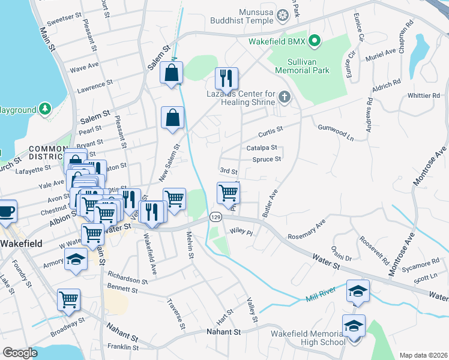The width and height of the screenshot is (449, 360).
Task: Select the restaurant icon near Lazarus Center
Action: pyautogui.click(x=226, y=78)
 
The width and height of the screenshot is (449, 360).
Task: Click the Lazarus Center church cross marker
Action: pyautogui.click(x=285, y=96)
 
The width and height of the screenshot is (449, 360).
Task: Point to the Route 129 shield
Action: pyautogui.click(x=214, y=216)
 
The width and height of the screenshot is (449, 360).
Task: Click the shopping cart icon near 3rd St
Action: pyautogui.click(x=228, y=193)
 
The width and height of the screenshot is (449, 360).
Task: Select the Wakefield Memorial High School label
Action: pyautogui.click(x=307, y=337)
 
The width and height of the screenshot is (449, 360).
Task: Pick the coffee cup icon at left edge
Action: pyautogui.click(x=7, y=211)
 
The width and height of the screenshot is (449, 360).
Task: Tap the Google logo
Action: pyautogui.click(x=20, y=353)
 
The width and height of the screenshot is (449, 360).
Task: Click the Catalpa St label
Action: pyautogui.click(x=261, y=148)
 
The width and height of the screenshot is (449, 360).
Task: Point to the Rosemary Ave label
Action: pyautogui.click(x=306, y=230)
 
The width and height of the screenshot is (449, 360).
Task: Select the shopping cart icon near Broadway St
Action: pyautogui.click(x=68, y=299)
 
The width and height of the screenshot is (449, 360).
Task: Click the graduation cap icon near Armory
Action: pyautogui.click(x=76, y=259)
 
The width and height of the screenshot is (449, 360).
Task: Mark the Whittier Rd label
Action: pyautogui.click(x=423, y=96)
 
